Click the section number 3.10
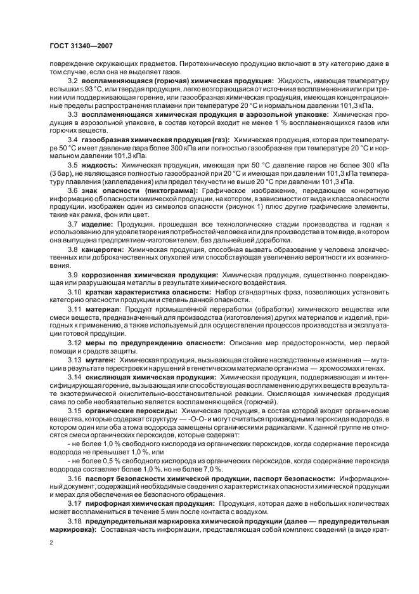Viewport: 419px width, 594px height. point(75,291)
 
